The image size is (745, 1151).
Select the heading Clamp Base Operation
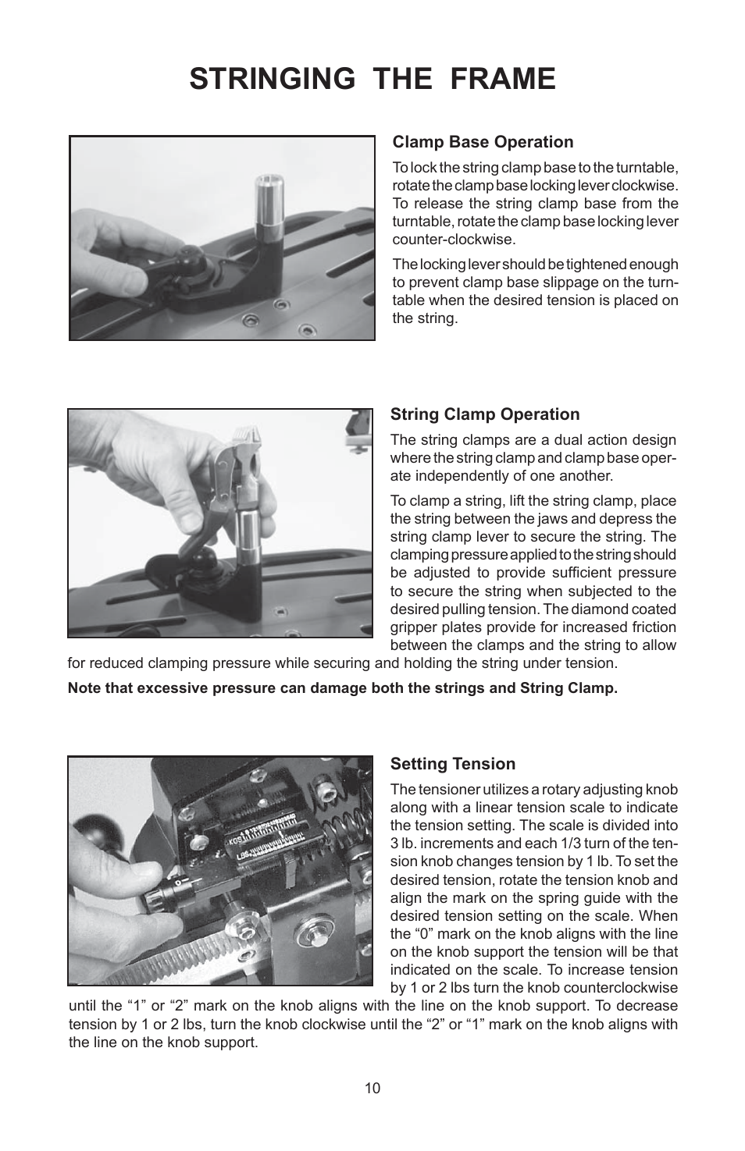483,142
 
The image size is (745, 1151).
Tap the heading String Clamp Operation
485,414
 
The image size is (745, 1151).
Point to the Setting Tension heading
453,764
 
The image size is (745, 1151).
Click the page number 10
372,1088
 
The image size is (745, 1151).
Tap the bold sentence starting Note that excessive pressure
343,688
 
